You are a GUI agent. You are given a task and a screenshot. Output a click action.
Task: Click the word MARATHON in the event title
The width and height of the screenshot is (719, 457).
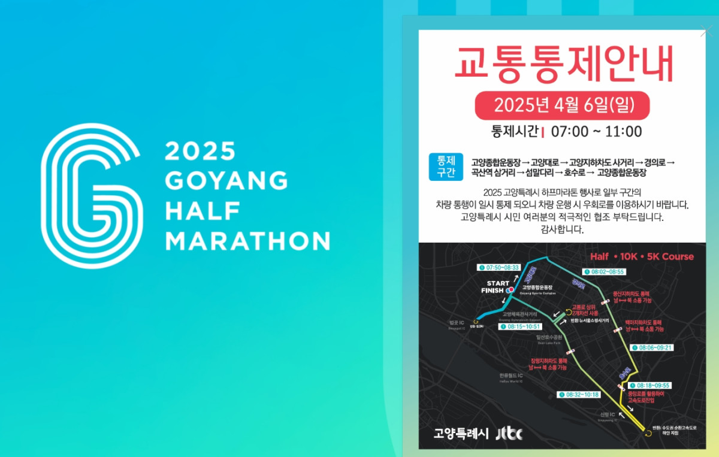click(247, 241)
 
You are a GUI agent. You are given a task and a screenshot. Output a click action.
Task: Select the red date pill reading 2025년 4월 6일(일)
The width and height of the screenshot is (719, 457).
click(563, 105)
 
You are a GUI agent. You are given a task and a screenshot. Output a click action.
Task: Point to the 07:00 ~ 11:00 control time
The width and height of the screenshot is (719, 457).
click(596, 132)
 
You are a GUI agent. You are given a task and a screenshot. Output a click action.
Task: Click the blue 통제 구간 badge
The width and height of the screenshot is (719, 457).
click(446, 167)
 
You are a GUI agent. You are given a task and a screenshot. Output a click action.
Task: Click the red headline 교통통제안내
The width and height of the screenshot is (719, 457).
click(563, 63)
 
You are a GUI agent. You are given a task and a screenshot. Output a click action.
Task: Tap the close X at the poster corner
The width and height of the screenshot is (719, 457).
click(706, 31)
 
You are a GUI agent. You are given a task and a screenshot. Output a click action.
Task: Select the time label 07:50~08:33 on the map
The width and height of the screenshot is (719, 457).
click(499, 267)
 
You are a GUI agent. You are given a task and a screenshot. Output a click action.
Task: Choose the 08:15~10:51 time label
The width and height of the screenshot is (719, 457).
click(525, 326)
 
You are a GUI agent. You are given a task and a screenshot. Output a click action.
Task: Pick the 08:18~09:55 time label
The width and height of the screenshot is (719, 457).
click(652, 385)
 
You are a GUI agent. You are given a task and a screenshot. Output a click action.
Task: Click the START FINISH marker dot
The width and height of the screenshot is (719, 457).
click(510, 290)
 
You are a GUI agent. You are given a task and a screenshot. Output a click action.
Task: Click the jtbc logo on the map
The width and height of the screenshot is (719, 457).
click(509, 432)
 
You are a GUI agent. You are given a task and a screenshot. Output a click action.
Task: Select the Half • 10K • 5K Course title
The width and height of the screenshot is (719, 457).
click(642, 256)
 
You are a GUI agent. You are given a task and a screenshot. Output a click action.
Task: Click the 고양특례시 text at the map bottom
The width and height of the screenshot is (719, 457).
click(461, 433)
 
